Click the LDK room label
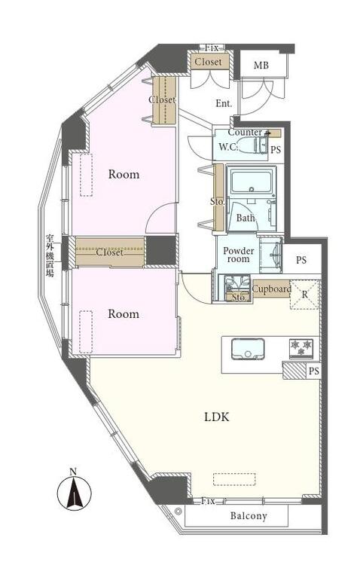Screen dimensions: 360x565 tap(217, 417)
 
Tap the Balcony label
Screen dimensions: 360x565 tap(249, 515)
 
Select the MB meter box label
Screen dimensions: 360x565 tap(261, 66)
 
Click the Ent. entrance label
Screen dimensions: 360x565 tap(224, 104)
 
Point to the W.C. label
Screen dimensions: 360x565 tap(227, 147)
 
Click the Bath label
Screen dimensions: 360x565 tap(246, 218)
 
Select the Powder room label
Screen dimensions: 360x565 tap(238, 255)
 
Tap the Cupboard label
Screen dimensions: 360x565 tap(272, 289)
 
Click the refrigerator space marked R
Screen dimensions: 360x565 tap(305, 295)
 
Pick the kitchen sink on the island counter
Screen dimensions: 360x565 tap(248, 349)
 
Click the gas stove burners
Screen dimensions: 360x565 tap(301, 349)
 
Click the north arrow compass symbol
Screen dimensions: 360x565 tap(75, 493)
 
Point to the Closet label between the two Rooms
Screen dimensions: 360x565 tap(109, 252)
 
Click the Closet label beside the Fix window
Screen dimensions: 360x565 tap(209, 62)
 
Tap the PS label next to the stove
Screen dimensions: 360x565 tap(314, 371)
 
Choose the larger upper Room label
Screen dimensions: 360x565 tap(124, 175)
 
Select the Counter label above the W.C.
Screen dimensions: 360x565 tap(245, 133)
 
